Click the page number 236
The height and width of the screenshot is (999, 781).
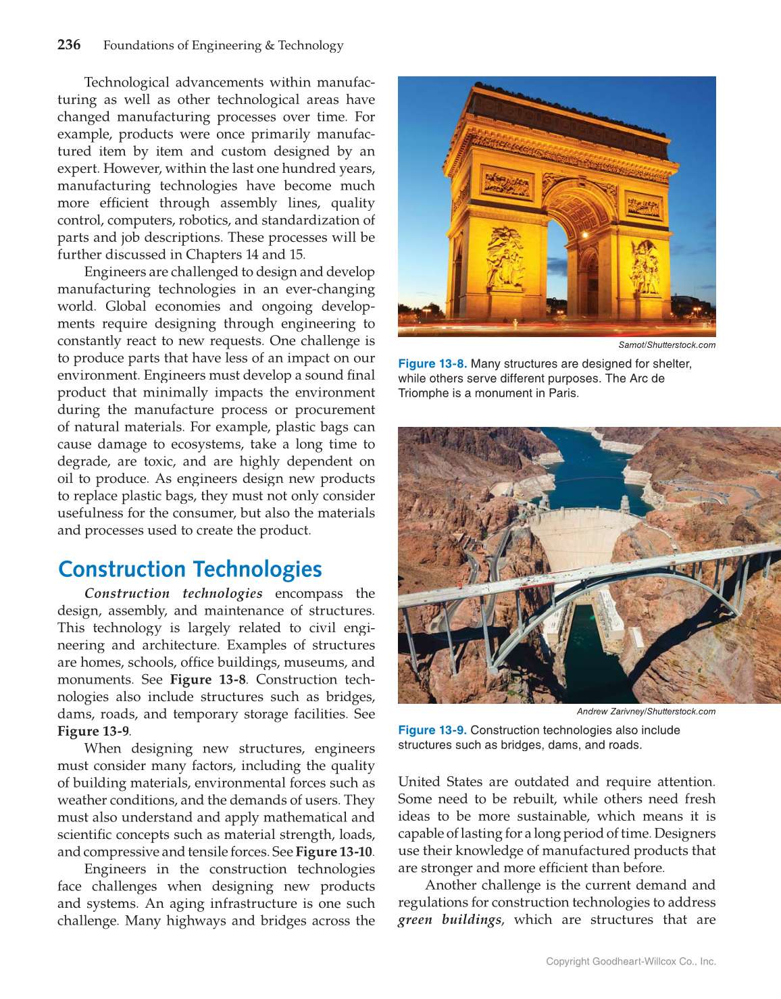point(69,45)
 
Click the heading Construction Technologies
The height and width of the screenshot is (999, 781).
point(190,569)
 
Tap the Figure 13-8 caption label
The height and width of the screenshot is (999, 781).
point(432,364)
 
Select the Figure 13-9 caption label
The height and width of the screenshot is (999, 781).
point(432,730)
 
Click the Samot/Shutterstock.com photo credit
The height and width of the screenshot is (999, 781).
point(666,345)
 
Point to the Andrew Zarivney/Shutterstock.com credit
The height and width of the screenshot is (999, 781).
point(645,711)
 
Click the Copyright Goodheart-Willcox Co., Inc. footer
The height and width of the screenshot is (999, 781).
point(630,961)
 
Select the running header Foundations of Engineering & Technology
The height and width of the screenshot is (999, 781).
point(223,45)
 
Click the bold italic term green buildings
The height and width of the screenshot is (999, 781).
point(449,920)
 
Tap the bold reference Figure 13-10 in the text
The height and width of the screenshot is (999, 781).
point(334,852)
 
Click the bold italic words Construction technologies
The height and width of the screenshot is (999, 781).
point(174,594)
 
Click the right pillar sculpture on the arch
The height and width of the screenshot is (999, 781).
point(644,267)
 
